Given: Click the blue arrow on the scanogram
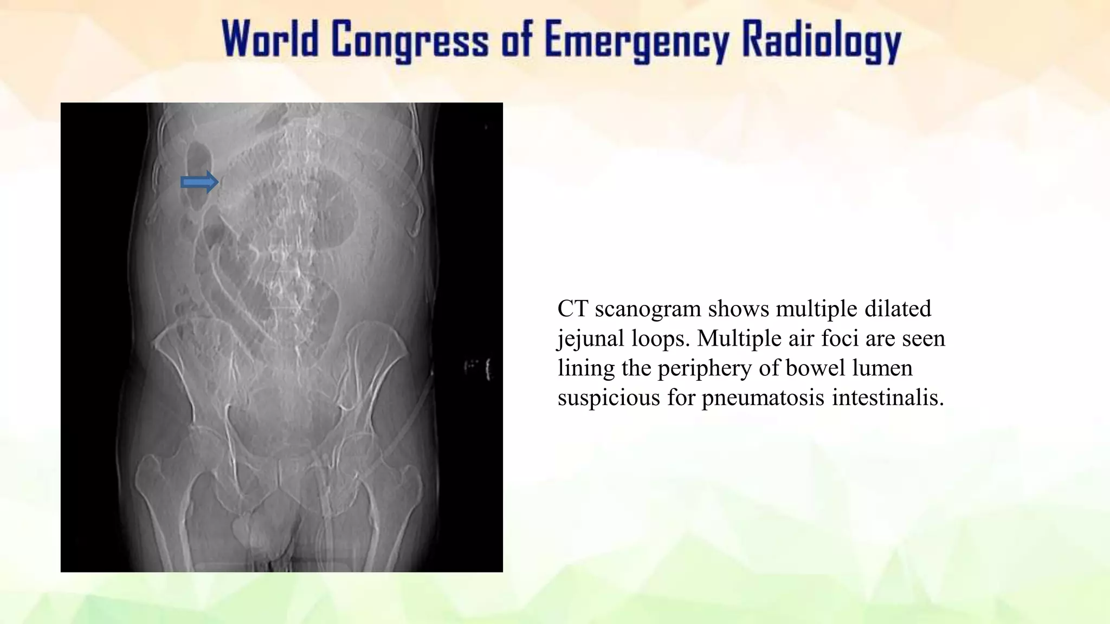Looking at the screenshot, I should pos(199,183).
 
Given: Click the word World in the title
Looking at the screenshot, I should pos(270,40).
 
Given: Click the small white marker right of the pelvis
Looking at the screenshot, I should pos(488,369).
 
